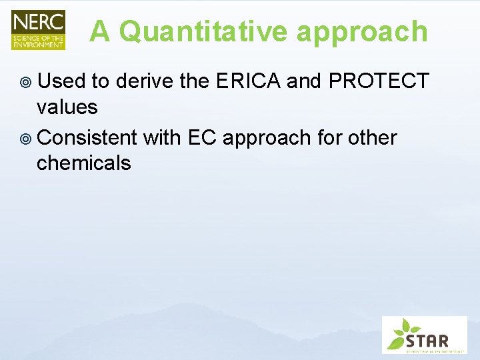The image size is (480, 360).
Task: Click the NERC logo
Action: pos(38,29)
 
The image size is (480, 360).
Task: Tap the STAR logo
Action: pos(424,334)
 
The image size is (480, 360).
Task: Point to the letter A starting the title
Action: pos(101,31)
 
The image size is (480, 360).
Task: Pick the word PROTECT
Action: pos(379,81)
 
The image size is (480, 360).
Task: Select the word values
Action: pos(67,106)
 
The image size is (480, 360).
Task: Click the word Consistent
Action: pos(87,138)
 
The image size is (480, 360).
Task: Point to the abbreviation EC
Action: pos(202,138)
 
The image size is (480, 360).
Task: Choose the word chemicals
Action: pos(84,163)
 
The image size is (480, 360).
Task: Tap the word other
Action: pos(369,138)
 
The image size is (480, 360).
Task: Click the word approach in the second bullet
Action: pos(267,139)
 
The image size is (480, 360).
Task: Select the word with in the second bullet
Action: pos(162,138)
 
